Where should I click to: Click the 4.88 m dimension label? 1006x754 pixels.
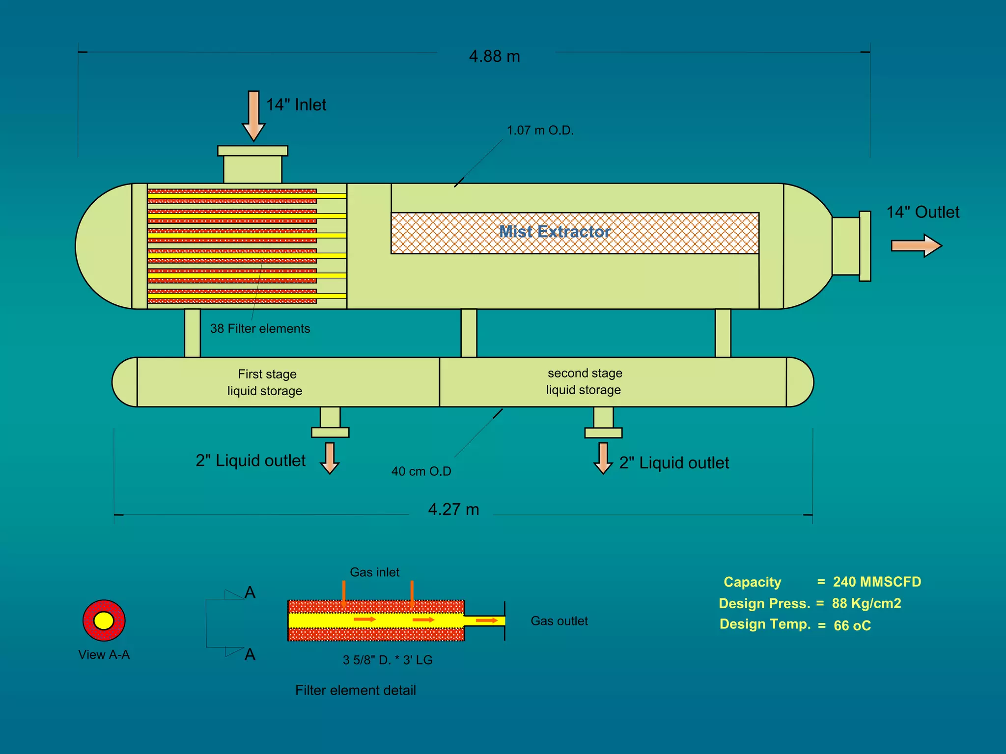click(494, 56)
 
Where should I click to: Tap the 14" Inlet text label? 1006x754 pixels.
click(296, 105)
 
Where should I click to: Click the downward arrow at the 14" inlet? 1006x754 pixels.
click(253, 116)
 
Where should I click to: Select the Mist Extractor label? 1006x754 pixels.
click(555, 231)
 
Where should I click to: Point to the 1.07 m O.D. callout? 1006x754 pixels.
click(540, 131)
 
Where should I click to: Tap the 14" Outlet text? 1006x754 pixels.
click(922, 212)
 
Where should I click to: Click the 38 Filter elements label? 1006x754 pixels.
click(260, 328)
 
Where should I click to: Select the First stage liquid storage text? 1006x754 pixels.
click(265, 382)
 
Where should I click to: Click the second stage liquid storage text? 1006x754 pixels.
click(584, 381)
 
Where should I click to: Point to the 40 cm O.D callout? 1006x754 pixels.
click(421, 471)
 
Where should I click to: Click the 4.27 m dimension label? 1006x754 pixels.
click(453, 510)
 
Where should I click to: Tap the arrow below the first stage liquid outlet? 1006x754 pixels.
click(330, 458)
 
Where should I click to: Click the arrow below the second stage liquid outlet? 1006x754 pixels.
click(603, 458)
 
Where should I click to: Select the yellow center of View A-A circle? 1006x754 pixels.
click(104, 620)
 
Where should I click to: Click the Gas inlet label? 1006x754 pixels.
click(374, 572)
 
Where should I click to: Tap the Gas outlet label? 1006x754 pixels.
click(559, 621)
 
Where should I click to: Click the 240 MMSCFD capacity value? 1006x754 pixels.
click(877, 582)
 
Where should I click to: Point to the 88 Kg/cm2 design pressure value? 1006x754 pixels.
click(866, 603)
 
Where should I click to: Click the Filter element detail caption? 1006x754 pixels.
click(356, 691)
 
